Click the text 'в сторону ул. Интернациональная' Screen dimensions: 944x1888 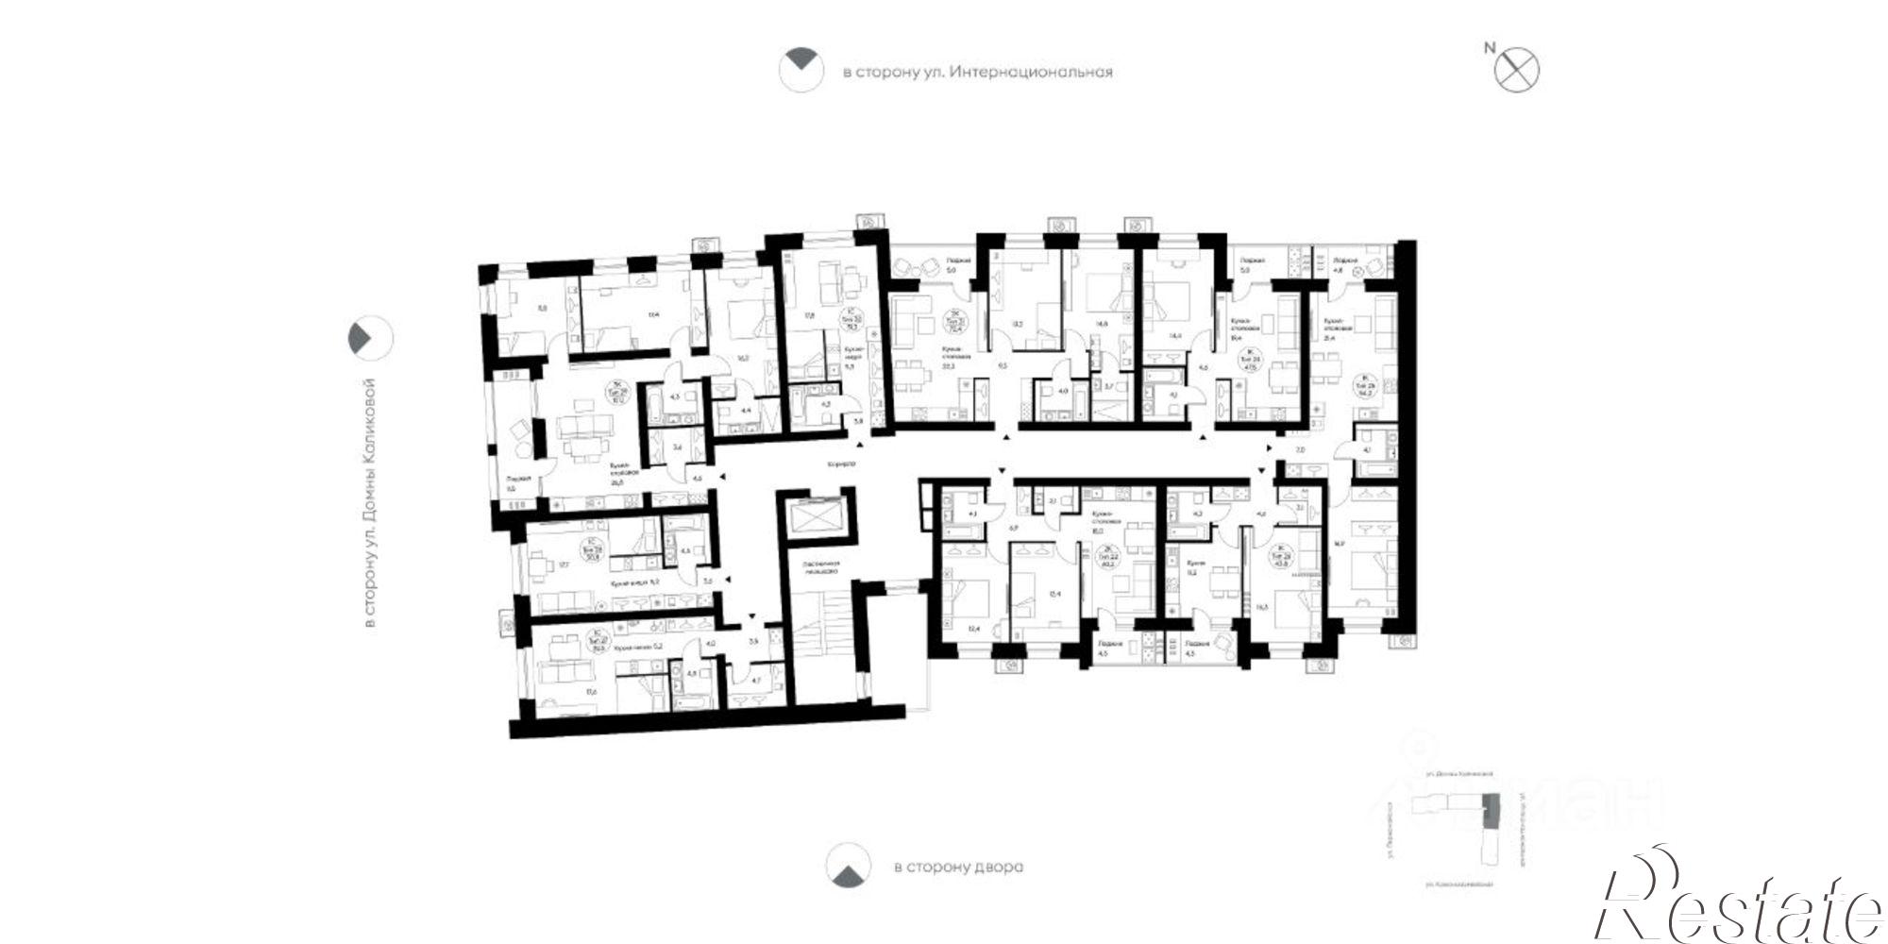tap(977, 72)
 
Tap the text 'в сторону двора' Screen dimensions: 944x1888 tap(958, 867)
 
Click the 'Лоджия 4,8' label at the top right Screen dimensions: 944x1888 tap(1344, 265)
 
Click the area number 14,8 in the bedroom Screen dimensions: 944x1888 tap(1101, 323)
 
